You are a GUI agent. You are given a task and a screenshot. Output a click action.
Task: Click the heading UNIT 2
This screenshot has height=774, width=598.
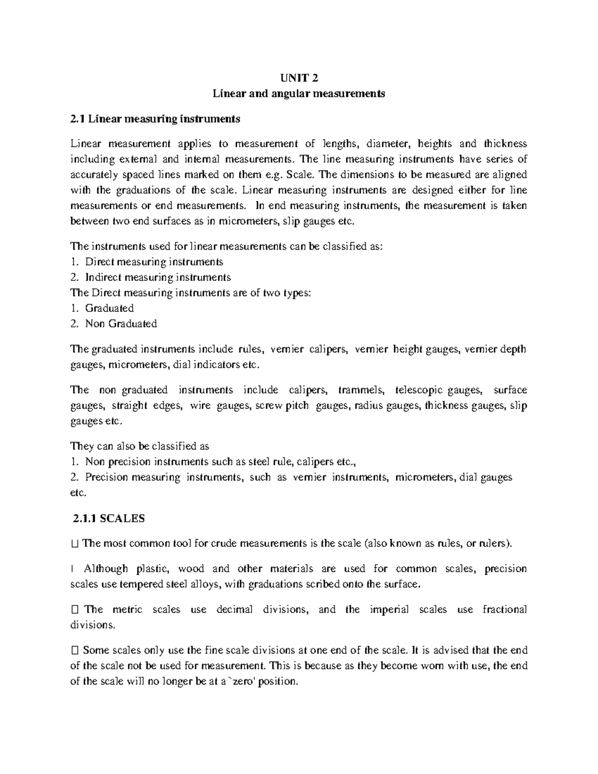click(x=299, y=78)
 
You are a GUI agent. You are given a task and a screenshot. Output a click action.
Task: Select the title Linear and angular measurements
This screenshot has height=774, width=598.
click(x=299, y=93)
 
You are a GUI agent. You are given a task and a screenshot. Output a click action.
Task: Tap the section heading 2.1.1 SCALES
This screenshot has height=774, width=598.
click(x=108, y=518)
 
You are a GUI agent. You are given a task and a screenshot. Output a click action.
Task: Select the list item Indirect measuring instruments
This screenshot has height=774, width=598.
click(x=158, y=277)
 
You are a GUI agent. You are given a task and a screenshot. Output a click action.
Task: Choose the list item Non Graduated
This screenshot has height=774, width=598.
click(x=121, y=323)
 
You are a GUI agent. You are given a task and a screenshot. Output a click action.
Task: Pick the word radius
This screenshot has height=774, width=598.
click(x=368, y=406)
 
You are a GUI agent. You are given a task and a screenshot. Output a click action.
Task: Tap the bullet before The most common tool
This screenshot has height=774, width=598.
click(x=75, y=543)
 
